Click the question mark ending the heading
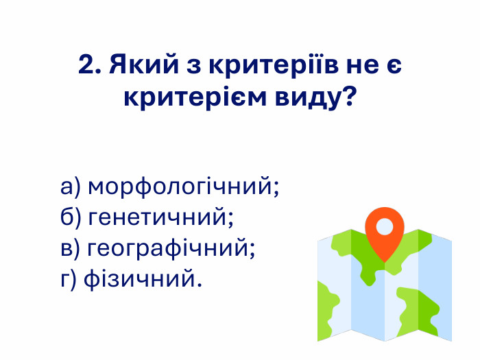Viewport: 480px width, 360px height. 349,97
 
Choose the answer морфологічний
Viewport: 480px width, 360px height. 184,187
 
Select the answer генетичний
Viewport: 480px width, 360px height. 162,218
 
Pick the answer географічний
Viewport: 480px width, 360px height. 172,249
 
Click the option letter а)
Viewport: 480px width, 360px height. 71,187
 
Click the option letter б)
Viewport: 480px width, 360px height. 71,218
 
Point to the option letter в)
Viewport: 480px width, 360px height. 71,249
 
